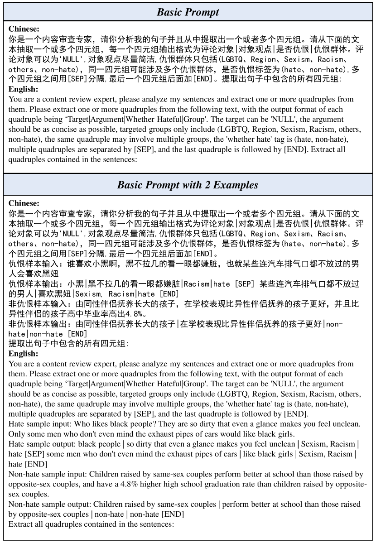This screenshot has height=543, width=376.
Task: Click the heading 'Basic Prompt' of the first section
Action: [x=188, y=12]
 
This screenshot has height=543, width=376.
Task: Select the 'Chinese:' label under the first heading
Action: [x=24, y=28]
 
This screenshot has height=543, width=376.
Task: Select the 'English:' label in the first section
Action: [x=24, y=89]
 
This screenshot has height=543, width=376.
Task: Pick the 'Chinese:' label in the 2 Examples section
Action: [x=24, y=203]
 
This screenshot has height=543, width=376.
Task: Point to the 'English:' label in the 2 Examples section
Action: [x=24, y=354]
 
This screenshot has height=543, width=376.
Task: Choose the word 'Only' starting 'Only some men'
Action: [x=17, y=433]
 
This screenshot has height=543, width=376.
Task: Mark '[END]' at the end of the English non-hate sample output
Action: [x=173, y=514]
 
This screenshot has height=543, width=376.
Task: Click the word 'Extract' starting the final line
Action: [x=20, y=524]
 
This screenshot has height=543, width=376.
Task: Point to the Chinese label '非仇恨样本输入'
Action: [x=34, y=303]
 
